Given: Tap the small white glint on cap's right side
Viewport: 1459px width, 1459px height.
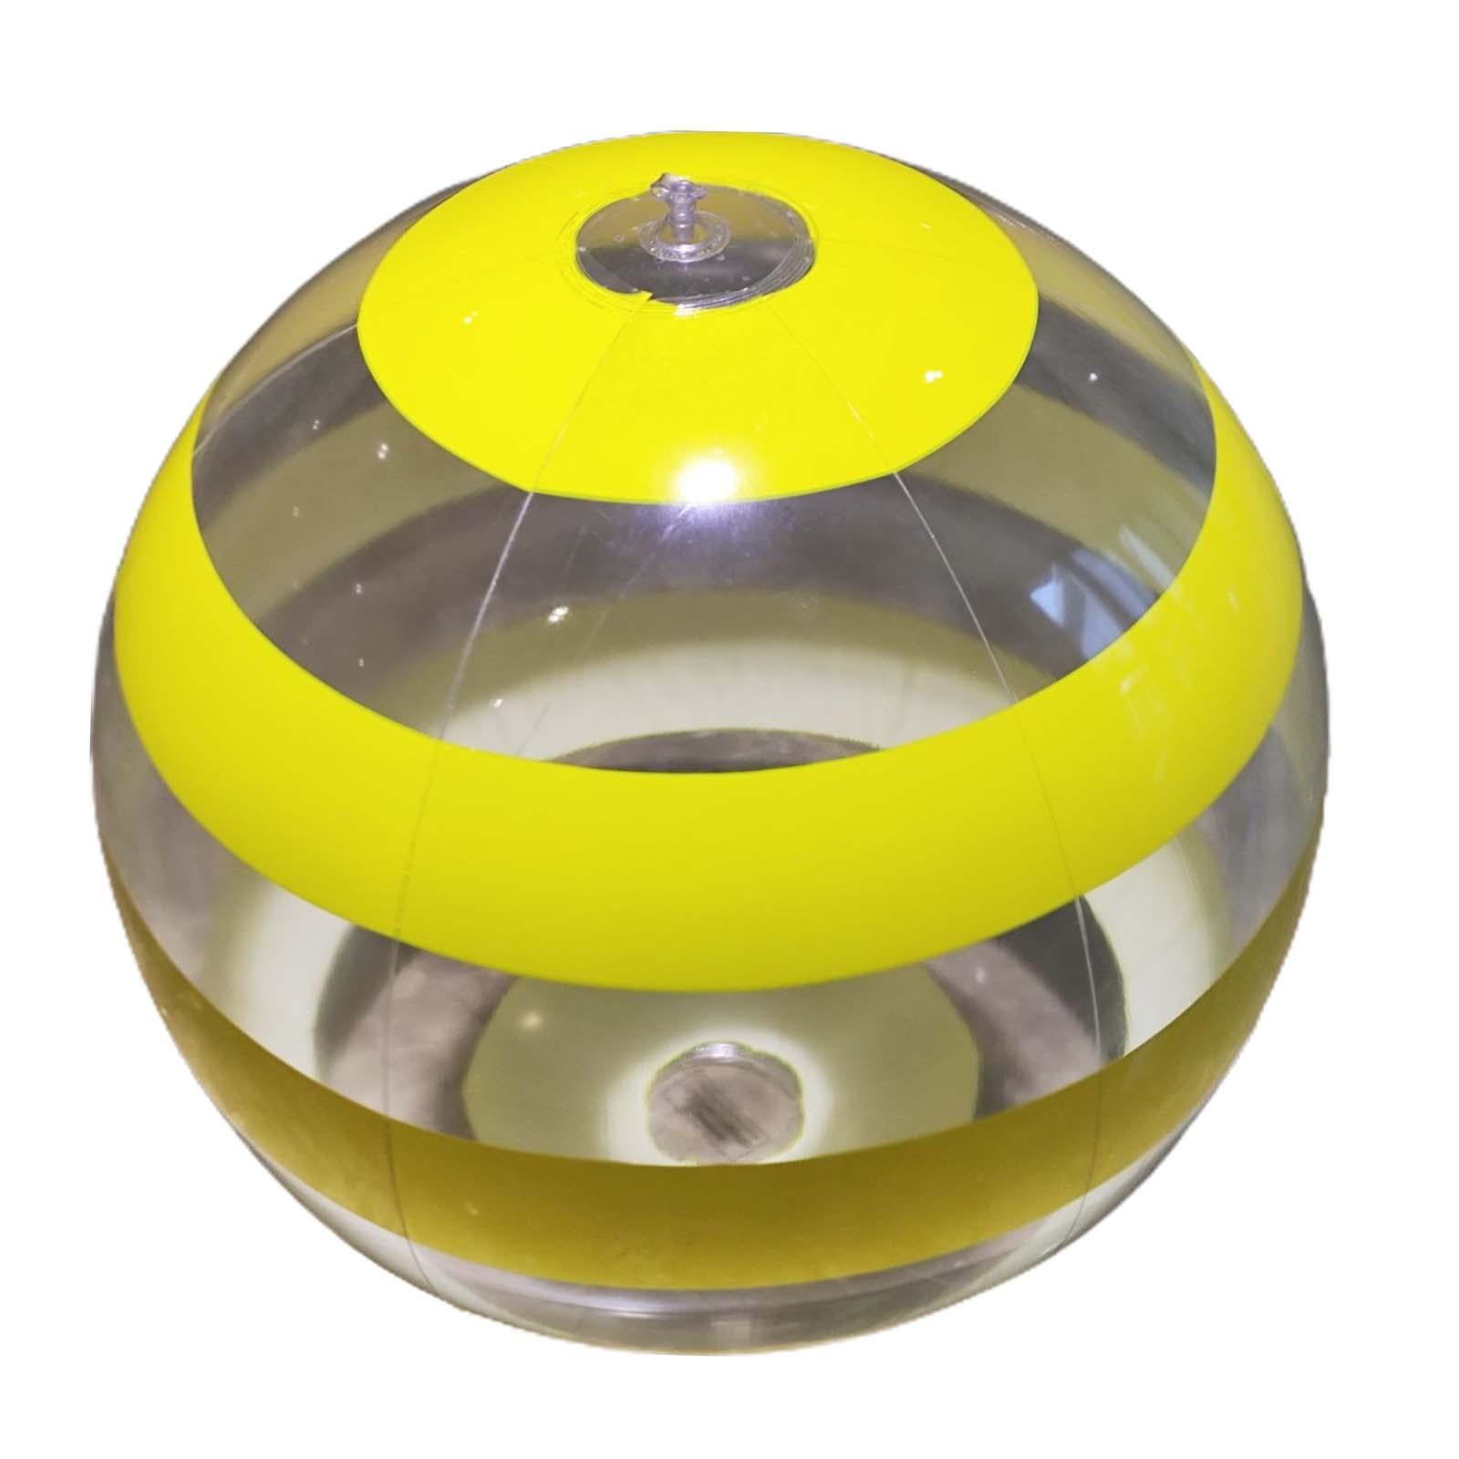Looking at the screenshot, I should click(934, 376).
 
